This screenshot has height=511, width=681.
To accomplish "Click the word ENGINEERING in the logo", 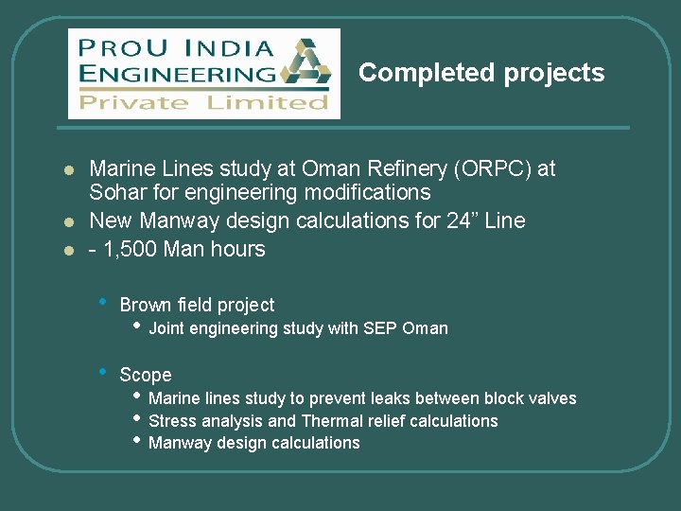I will pyautogui.click(x=178, y=74).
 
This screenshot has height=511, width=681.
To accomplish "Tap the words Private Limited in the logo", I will pyautogui.click(x=203, y=102).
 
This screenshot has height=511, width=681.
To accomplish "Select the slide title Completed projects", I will pyautogui.click(x=481, y=73).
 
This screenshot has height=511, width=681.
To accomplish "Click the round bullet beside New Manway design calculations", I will pyautogui.click(x=68, y=222).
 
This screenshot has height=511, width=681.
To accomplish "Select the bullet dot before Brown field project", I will pyautogui.click(x=103, y=303).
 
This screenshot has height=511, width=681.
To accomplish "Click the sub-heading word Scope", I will pyautogui.click(x=146, y=376).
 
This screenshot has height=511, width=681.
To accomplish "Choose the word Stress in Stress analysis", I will pyautogui.click(x=173, y=421).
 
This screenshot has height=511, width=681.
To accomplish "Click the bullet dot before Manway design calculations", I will pyautogui.click(x=138, y=440).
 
